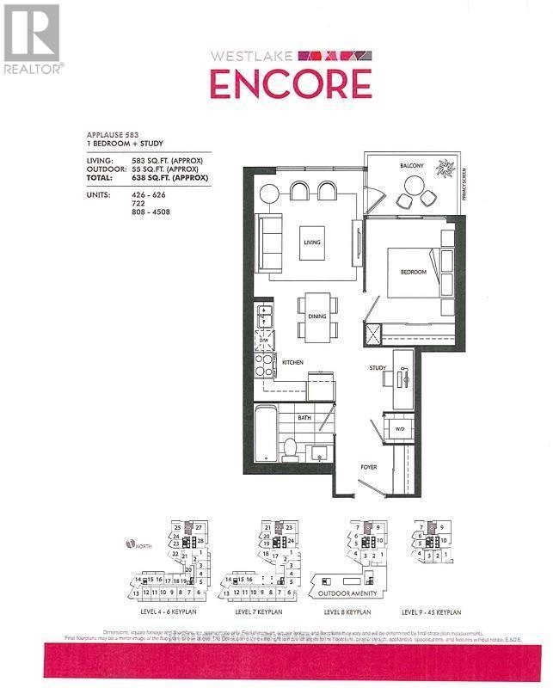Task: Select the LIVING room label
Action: tap(310, 243)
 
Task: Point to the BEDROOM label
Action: tap(413, 272)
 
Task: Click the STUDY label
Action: tap(378, 369)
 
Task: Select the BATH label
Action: tap(304, 417)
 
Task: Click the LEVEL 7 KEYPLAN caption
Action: tap(258, 612)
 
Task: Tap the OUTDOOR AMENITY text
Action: tap(347, 593)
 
